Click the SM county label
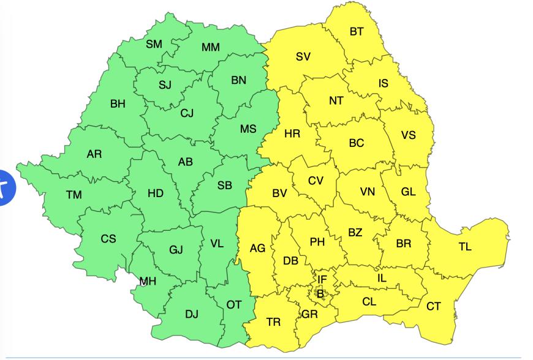point(154,44)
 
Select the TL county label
point(465,247)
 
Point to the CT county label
point(434,306)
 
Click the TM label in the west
point(74,195)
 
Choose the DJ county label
point(192,314)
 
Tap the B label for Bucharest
point(320,294)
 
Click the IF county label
point(322,280)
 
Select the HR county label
point(292,133)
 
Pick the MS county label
point(248,129)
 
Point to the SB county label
point(225,186)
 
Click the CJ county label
point(187,113)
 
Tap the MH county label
point(148,282)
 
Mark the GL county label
point(409,192)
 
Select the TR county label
point(273,321)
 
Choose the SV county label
point(303,57)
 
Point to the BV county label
point(279,193)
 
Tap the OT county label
point(234,304)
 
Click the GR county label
point(309,315)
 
